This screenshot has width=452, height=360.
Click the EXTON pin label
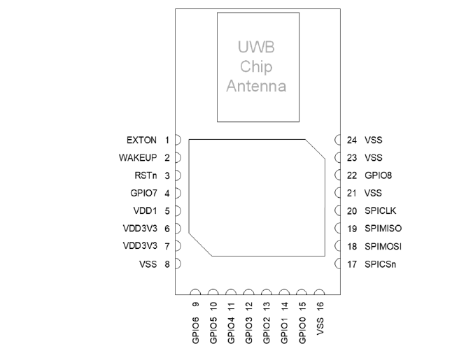[145, 140]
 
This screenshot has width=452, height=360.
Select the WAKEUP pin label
[141, 157]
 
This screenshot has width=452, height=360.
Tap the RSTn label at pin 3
[149, 175]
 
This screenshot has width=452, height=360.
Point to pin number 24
[352, 140]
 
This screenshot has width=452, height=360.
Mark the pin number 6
[168, 228]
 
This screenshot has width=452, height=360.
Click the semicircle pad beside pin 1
[178, 140]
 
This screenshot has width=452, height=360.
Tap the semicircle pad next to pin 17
[339, 264]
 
